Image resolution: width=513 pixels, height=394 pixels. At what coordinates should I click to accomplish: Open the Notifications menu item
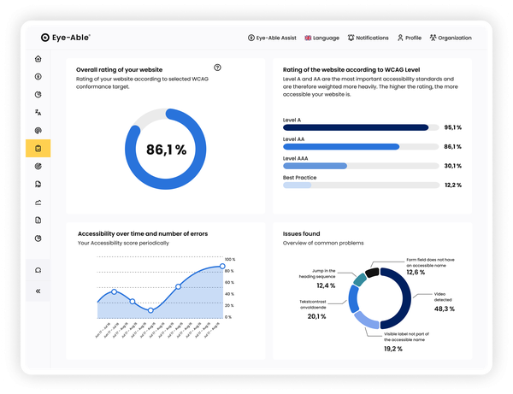[368, 38]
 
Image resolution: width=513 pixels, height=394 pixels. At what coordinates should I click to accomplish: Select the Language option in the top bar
[321, 38]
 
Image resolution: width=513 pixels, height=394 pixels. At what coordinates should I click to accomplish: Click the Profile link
[409, 38]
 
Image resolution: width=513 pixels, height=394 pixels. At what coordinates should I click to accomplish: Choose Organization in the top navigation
[451, 38]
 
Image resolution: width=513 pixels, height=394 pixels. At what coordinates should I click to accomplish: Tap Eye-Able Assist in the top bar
[274, 38]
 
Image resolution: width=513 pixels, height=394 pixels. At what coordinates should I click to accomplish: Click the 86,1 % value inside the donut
[166, 150]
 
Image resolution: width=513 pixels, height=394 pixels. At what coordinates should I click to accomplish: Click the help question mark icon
[217, 68]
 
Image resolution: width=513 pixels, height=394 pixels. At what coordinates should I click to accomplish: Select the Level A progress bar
[355, 127]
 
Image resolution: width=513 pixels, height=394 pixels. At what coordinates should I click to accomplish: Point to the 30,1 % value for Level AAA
[453, 166]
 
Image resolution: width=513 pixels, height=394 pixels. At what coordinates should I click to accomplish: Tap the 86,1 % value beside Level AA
[453, 147]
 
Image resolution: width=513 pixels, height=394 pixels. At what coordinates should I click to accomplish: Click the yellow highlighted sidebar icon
[38, 149]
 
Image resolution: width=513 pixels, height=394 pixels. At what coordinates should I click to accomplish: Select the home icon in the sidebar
[38, 59]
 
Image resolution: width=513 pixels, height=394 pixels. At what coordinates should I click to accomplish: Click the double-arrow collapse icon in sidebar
[38, 291]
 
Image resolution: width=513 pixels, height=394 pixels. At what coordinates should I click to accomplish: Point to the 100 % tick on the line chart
[229, 259]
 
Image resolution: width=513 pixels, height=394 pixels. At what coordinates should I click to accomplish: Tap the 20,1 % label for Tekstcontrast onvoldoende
[317, 317]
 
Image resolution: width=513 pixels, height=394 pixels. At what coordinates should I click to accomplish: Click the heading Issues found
[301, 232]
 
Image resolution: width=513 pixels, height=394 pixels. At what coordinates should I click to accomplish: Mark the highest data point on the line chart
[222, 267]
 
